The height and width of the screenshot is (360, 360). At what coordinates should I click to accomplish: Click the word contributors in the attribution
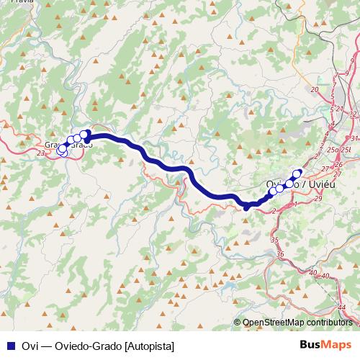331,323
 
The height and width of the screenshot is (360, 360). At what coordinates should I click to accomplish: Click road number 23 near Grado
40,153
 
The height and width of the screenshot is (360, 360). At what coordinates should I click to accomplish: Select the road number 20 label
314,89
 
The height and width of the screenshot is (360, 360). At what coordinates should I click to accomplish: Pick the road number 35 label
274,239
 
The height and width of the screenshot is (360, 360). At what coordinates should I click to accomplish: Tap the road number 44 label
341,307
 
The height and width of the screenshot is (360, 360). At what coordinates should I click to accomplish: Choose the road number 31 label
354,138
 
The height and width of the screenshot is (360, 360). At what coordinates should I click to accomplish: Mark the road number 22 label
353,114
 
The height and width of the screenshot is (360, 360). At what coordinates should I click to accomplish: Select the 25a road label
333,149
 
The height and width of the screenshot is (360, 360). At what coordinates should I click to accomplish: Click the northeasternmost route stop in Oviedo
297,173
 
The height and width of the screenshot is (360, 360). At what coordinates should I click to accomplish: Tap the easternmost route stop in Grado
84,134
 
